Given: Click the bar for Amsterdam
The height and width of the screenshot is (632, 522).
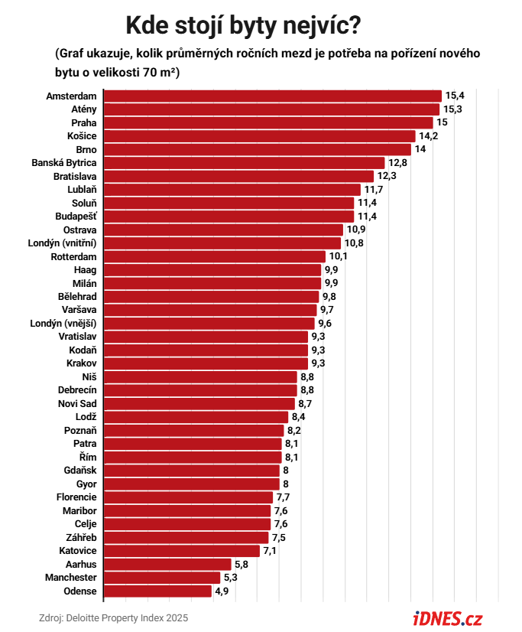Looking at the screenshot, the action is click(x=273, y=96).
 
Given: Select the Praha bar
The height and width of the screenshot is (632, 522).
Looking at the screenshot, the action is click(x=268, y=122).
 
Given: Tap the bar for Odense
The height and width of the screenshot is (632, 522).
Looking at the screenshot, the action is click(x=157, y=591).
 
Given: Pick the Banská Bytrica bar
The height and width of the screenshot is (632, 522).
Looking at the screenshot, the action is click(x=244, y=163).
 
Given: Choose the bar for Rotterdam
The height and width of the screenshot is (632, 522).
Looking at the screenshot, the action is click(x=215, y=256).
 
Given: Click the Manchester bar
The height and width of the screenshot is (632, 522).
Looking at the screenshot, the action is click(x=162, y=578).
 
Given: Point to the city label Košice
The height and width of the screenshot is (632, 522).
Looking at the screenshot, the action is click(x=82, y=136).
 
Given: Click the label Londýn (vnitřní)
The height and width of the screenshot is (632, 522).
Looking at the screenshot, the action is click(x=62, y=243).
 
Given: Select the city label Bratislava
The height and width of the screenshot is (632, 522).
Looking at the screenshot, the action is click(x=75, y=176).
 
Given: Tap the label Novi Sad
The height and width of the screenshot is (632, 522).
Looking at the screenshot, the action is click(x=77, y=403).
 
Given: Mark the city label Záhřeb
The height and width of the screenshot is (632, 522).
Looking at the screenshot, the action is click(x=81, y=537).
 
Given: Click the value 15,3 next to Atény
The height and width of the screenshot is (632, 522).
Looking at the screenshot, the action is click(x=452, y=109).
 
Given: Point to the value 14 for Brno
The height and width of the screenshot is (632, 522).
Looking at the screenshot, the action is click(x=420, y=149).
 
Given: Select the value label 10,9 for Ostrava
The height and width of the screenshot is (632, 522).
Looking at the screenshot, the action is click(x=356, y=230).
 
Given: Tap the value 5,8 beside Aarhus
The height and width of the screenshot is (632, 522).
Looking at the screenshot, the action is click(x=242, y=564).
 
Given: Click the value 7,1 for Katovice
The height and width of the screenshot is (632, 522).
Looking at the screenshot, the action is click(x=270, y=551).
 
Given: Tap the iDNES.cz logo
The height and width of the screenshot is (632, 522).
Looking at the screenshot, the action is click(x=448, y=619).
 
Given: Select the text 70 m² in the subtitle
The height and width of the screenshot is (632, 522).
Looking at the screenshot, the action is click(x=159, y=72).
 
